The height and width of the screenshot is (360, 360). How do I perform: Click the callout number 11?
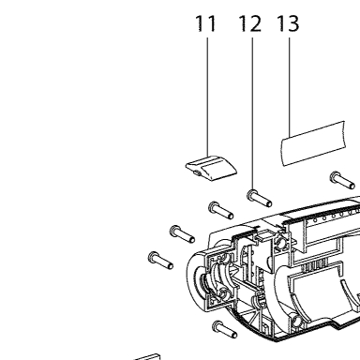pyautogui.click(x=206, y=23)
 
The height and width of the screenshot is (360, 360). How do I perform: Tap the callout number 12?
pyautogui.click(x=250, y=23)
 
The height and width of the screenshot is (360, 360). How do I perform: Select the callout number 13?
pyautogui.click(x=288, y=23)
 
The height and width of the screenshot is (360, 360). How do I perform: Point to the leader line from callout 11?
pyautogui.click(x=207, y=97)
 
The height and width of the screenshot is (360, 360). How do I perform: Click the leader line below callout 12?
pyautogui.click(x=252, y=114)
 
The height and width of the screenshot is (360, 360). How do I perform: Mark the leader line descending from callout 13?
pyautogui.click(x=290, y=87)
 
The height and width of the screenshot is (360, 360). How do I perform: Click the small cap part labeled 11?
pyautogui.click(x=212, y=168)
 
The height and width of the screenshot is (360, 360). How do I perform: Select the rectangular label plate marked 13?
pyautogui.click(x=313, y=143)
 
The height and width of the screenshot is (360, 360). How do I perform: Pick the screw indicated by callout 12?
pyautogui.click(x=260, y=199)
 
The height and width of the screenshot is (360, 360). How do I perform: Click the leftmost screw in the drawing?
pyautogui.click(x=161, y=261)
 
